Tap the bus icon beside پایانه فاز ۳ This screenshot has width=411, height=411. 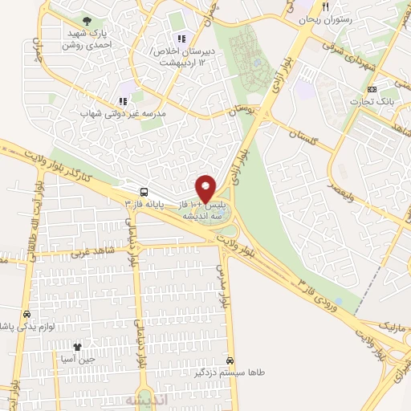point(143,192)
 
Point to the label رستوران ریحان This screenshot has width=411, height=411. point(324,18)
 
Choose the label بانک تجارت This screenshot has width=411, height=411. point(371,101)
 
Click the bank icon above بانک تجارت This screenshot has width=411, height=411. point(371,88)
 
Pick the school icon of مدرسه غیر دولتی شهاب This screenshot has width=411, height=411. point(122,101)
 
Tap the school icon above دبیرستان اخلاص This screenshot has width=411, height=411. point(181,38)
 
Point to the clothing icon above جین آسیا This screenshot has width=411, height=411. point(78,347)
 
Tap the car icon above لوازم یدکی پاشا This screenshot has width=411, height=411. point(27,315)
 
